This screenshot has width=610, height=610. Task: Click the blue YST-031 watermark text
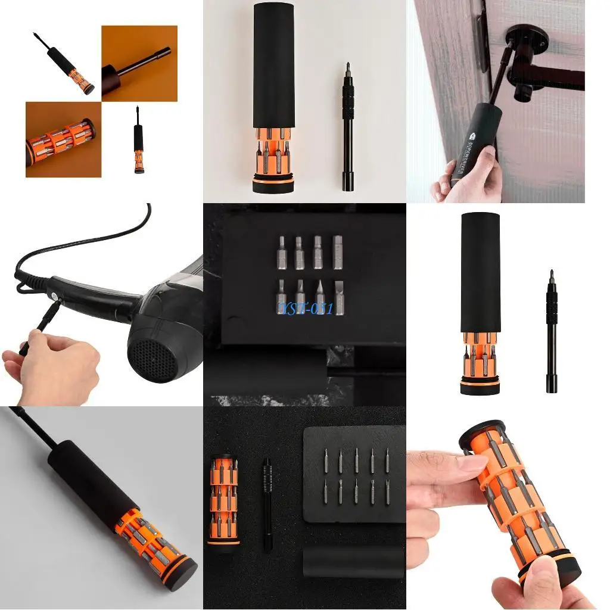(304, 309)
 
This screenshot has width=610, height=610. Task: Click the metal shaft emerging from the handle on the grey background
(36, 429)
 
